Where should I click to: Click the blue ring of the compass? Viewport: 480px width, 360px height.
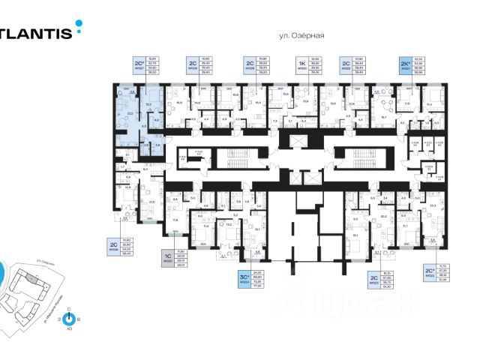coord(69,319)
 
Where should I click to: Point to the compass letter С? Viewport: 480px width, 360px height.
coord(69,309)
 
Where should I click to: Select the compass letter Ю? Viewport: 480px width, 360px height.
coord(69,329)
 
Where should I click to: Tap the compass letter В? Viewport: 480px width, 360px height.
coord(79,319)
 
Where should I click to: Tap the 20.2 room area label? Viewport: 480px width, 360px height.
coord(383,215)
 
